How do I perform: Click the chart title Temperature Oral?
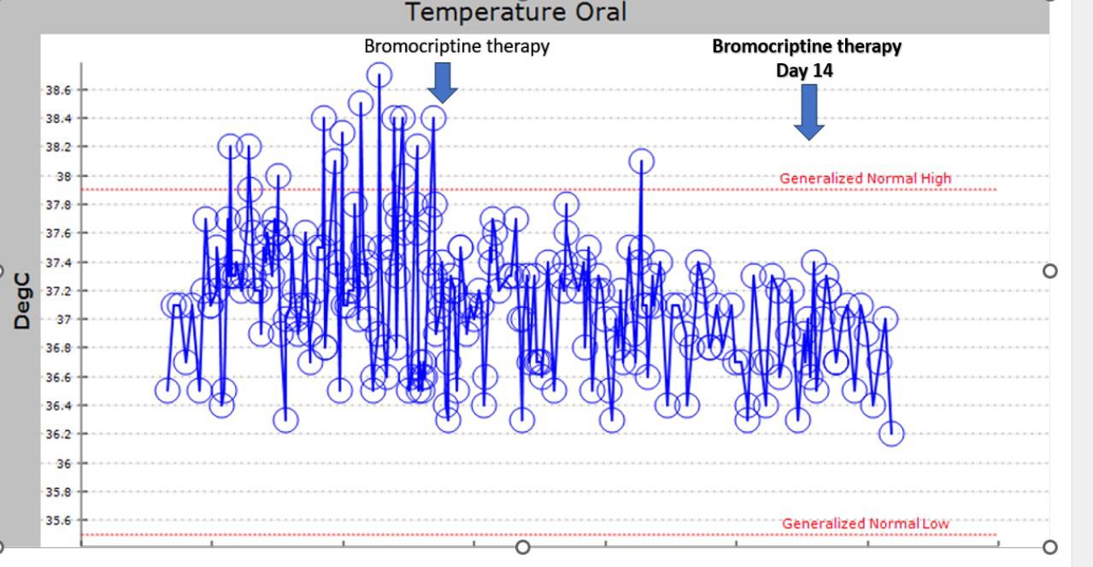516,12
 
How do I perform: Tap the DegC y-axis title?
22,301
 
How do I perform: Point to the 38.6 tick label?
58,90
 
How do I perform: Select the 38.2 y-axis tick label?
58,147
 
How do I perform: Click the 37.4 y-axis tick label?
58,263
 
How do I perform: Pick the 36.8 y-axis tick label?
58,348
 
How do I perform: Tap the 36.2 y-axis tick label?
58,434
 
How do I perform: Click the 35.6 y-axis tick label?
58,520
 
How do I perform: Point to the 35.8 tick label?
58,492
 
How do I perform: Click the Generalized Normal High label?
865,178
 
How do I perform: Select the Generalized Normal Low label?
866,523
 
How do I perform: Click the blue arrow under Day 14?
809,112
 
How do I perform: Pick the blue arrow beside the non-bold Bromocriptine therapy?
443,83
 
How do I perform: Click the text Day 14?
805,71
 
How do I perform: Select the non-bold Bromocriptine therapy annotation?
456,46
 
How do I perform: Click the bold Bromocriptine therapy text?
807,47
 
